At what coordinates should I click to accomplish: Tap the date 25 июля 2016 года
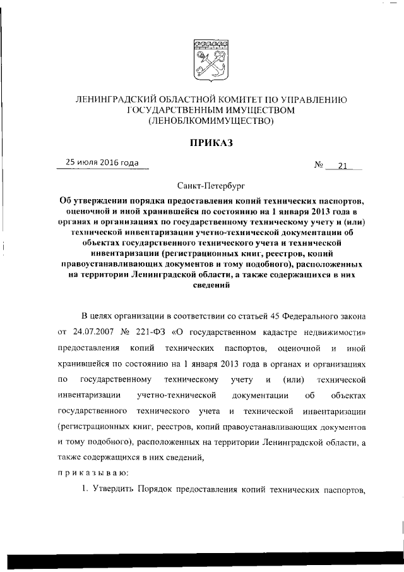(98, 163)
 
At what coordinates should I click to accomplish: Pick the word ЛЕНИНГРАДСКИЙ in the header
(116, 99)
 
